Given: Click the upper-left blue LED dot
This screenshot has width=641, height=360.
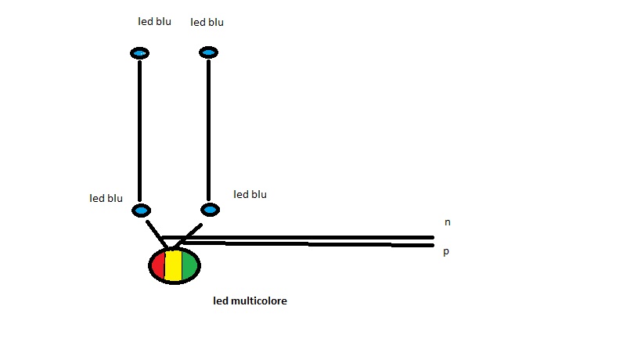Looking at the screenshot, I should (139, 53).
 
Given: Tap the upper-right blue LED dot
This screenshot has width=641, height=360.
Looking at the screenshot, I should (208, 52).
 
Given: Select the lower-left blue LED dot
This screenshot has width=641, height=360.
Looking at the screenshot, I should (141, 211).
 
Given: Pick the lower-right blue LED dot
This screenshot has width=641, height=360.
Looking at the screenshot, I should (210, 210).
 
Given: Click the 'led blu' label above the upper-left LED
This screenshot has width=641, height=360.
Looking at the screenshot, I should (153, 21).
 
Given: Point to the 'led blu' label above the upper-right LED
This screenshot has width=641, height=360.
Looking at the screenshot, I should (207, 22).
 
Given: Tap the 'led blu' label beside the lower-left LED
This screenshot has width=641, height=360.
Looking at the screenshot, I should (106, 198).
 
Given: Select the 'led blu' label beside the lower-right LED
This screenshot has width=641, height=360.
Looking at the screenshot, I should (250, 194).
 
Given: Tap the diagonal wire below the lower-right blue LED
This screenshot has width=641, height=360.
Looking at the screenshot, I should (189, 234).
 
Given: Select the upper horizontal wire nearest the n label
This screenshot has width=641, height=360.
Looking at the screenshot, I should (313, 237).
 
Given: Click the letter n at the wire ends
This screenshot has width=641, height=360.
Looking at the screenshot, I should (447, 222).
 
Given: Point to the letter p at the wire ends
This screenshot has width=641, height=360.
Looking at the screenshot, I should (446, 253).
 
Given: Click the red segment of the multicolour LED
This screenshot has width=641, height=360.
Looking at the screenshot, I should (158, 266).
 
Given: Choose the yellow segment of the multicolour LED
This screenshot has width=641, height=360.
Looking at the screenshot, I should (174, 266).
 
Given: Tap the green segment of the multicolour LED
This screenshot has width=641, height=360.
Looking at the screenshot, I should (190, 266).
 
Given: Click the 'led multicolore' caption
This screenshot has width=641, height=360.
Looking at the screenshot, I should (250, 301).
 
